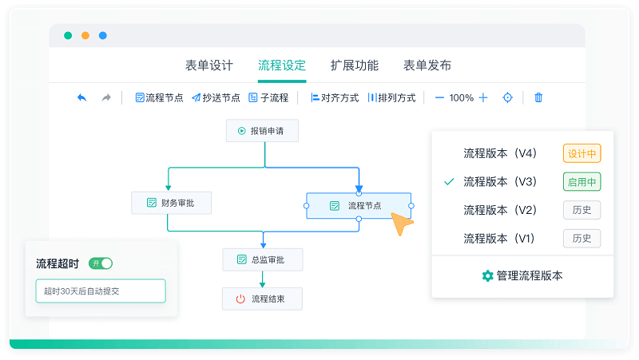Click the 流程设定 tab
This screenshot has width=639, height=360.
point(282,65)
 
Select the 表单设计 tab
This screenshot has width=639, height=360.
point(209,65)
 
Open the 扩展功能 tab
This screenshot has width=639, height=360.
point(355,65)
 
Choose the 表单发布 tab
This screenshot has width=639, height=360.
point(427,65)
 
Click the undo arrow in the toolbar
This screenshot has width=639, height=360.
point(82,97)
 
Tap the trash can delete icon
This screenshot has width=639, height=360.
point(538,97)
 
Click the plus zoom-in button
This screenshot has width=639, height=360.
point(483,97)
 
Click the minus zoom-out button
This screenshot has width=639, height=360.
point(439,97)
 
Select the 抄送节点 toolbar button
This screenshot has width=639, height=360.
point(216,97)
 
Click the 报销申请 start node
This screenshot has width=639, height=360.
point(262,131)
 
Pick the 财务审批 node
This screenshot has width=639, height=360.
point(171,203)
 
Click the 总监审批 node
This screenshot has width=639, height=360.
point(263,259)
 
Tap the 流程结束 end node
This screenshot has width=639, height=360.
point(262,299)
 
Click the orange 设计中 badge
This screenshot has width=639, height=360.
point(582,153)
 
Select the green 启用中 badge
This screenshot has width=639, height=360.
point(582,182)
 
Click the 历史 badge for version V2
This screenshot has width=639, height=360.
point(582,210)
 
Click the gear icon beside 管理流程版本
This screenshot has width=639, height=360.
point(487,275)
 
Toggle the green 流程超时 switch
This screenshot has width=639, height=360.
point(101,263)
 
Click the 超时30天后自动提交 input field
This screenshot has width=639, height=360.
point(101,291)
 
